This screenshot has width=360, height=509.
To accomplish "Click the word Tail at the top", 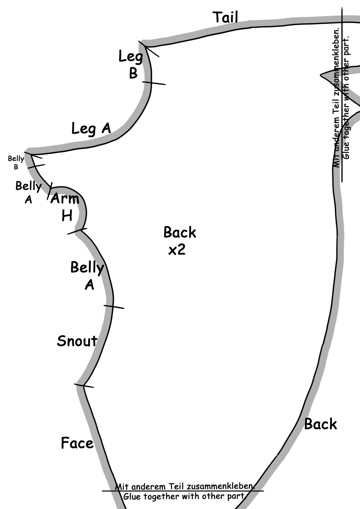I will pos(225,17).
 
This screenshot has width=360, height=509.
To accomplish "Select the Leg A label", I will pos(91,129).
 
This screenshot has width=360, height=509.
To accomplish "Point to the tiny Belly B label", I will pos(16,162).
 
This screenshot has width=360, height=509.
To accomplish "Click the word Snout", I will pos(77,341).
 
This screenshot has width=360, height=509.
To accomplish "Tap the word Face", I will pos(77,443).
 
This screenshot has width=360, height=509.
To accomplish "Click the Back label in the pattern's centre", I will pos(180,233).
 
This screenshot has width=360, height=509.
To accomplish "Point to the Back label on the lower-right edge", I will pos(320,424).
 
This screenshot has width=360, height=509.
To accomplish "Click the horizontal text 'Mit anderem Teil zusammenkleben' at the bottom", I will pos(185,486).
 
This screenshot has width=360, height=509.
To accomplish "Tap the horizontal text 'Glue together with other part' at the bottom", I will pos(184,496).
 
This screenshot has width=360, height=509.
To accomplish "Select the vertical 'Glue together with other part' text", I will pos(346,97).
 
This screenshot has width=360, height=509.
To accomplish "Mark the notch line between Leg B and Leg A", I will pos(154,83).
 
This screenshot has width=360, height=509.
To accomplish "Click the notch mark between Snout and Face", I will pos(84,386).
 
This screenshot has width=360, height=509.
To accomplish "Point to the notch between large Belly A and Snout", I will pos(114,307).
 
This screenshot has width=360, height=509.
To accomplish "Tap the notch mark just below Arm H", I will pos(77,231).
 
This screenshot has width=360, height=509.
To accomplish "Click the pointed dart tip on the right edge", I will pos(321,75).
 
